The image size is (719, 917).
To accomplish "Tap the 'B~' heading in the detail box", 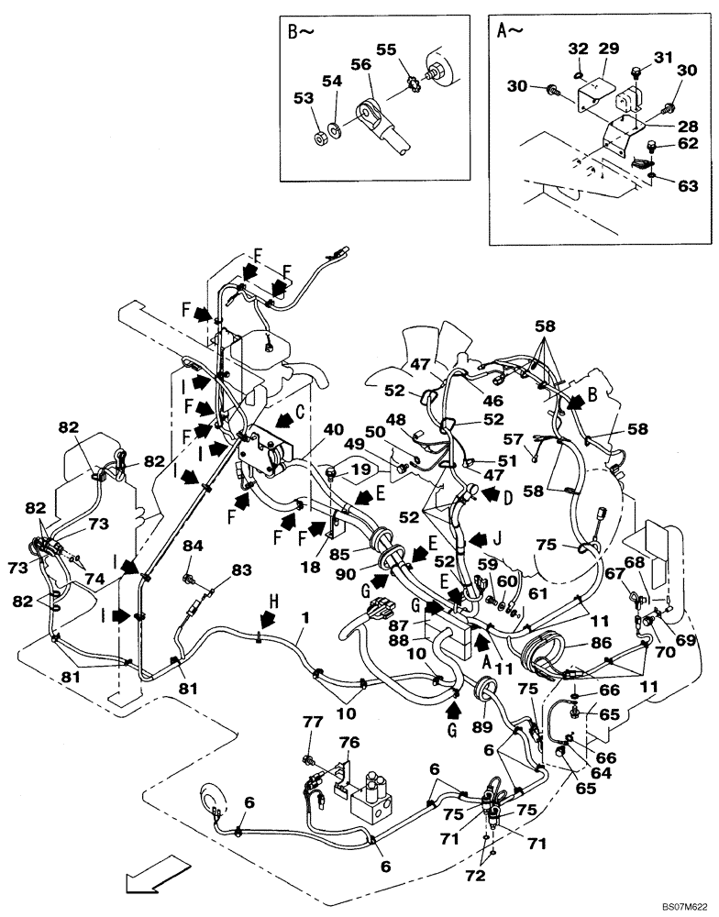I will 301,34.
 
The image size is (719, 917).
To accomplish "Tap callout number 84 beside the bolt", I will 192,547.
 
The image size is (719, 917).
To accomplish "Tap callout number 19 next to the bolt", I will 360,469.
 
